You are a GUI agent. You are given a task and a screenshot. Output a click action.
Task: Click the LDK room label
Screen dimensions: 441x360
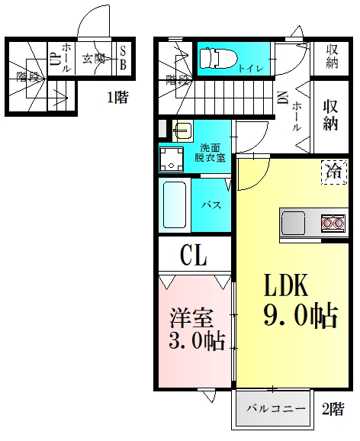(x=286, y=286)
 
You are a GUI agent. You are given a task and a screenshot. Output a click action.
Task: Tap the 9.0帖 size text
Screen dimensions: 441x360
(x=301, y=316)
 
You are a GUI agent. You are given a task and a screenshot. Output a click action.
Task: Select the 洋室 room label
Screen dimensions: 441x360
(x=191, y=317)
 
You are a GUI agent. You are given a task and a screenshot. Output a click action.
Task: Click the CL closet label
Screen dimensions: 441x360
(x=194, y=255)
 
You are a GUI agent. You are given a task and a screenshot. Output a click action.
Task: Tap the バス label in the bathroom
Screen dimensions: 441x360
(x=211, y=205)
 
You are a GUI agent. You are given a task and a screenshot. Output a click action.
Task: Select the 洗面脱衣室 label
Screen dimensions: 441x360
(x=210, y=153)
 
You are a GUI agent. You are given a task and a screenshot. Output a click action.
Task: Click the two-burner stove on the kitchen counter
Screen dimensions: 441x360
(x=332, y=224)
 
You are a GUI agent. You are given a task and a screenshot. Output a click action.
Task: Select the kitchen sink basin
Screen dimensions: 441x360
(x=294, y=224)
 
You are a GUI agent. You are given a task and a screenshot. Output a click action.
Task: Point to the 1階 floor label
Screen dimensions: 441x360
(x=117, y=98)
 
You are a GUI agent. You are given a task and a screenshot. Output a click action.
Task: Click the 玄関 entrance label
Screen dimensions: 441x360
(x=93, y=57)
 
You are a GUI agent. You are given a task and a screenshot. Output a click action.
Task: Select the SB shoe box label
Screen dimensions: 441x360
(x=123, y=57)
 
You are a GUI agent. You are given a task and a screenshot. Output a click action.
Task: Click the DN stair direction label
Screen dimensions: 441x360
(x=283, y=98)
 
